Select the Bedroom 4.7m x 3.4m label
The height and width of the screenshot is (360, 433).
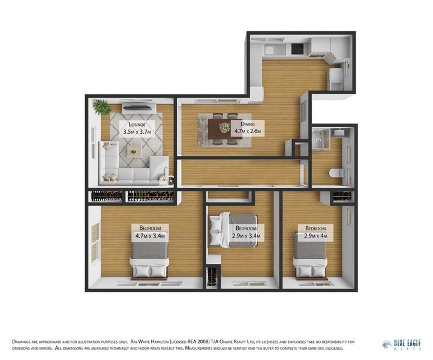149,232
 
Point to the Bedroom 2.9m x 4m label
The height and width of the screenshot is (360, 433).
315,232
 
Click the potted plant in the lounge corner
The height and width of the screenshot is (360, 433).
102,107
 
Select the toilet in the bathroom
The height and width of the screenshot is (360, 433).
336,175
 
